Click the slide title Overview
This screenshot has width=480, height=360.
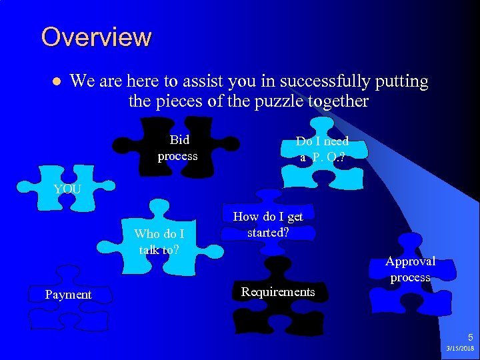pyautogui.click(x=96, y=37)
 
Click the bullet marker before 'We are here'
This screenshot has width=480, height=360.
pyautogui.click(x=57, y=82)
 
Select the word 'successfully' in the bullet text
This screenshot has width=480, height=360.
pyautogui.click(x=318, y=81)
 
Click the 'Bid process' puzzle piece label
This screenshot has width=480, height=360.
pyautogui.click(x=178, y=148)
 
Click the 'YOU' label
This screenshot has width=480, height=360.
pyautogui.click(x=67, y=189)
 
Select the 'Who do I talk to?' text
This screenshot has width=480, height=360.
pyautogui.click(x=159, y=241)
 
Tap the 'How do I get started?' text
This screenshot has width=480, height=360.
pyautogui.click(x=267, y=225)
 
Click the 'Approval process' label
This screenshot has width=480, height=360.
pyautogui.click(x=410, y=269)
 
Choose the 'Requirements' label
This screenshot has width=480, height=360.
pyautogui.click(x=278, y=292)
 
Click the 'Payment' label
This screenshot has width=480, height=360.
pyautogui.click(x=68, y=295)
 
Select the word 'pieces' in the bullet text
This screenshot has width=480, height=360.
pyautogui.click(x=177, y=101)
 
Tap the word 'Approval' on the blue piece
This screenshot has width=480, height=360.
pyautogui.click(x=410, y=261)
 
